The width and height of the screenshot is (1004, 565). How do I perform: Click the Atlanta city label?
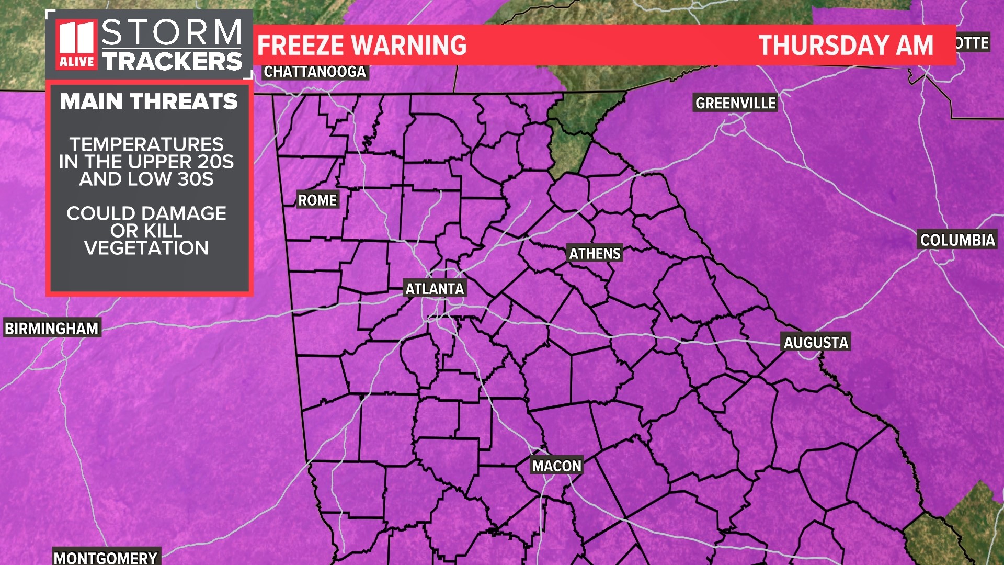pyautogui.click(x=435, y=289)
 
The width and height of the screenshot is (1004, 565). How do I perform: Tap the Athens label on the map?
pyautogui.click(x=595, y=254)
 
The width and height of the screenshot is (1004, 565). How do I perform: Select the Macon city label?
pyautogui.click(x=556, y=466)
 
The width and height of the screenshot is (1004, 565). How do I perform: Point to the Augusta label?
pyautogui.click(x=815, y=343)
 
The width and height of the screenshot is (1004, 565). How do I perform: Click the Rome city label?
pyautogui.click(x=317, y=200)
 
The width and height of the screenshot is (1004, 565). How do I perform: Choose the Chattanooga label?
pyautogui.click(x=314, y=72)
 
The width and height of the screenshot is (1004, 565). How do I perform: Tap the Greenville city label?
pyautogui.click(x=735, y=103)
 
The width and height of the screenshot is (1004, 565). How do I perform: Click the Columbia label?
pyautogui.click(x=957, y=240)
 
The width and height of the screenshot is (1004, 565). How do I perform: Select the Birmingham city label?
pyautogui.click(x=52, y=329)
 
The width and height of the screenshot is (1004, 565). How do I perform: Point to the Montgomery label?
pyautogui.click(x=106, y=558)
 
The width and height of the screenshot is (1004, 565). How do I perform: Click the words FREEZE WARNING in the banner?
pyautogui.click(x=362, y=46)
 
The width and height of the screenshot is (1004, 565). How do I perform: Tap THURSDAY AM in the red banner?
pyautogui.click(x=846, y=46)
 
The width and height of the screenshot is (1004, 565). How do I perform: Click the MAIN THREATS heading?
pyautogui.click(x=149, y=101)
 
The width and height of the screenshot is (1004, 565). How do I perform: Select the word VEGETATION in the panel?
pyautogui.click(x=146, y=248)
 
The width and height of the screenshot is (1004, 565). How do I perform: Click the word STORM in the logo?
pyautogui.click(x=172, y=32)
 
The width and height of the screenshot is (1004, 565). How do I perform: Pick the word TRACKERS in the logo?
pyautogui.click(x=172, y=61)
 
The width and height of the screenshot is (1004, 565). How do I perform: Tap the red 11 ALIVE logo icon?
pyautogui.click(x=77, y=44)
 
